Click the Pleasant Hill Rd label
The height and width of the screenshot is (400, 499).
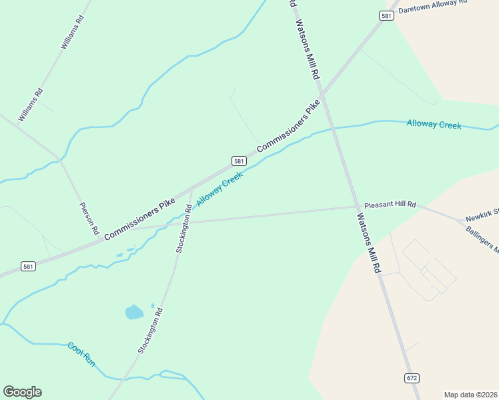pos(390,205)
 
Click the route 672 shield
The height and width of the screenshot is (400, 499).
pos(412,378)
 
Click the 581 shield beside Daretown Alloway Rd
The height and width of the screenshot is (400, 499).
pos(387,16)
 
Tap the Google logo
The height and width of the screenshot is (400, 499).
pos(22,392)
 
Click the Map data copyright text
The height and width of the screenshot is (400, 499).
pos(470,395)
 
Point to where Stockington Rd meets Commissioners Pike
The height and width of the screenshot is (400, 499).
pos(193,189)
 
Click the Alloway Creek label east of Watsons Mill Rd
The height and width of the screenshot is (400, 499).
pos(434,125)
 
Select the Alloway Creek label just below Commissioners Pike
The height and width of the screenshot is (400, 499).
pos(219,189)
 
